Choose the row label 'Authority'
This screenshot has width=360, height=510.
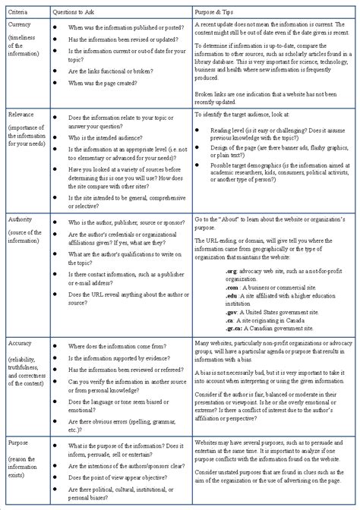(x=21, y=219)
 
